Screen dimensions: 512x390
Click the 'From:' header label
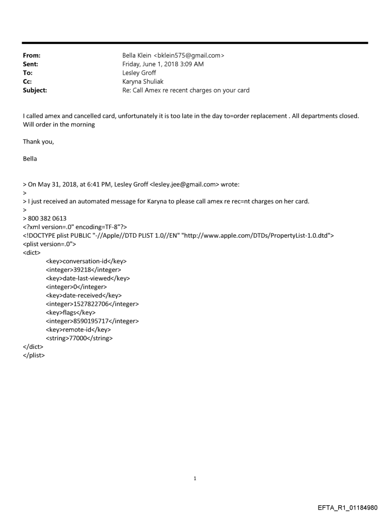[32, 55]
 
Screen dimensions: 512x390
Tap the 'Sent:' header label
[31, 64]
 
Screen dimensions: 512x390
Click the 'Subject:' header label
[35, 90]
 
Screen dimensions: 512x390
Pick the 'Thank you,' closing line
[38, 141]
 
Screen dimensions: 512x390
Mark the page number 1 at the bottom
[195, 478]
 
